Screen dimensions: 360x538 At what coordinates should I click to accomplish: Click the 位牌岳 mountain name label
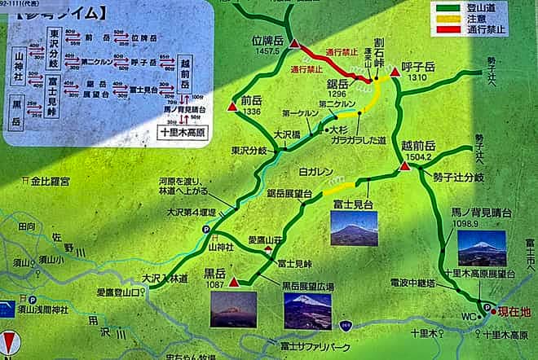click(x=268, y=39)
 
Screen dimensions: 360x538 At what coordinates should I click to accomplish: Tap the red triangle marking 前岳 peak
click(x=233, y=107)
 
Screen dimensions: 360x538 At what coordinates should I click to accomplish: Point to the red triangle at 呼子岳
click(x=395, y=73)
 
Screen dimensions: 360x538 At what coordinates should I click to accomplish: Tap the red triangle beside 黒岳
click(x=235, y=283)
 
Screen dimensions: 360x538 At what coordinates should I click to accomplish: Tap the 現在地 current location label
click(x=514, y=311)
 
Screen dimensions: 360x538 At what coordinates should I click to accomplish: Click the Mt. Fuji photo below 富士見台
click(x=354, y=228)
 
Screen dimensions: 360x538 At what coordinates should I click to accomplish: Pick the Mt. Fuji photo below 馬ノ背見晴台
click(x=481, y=248)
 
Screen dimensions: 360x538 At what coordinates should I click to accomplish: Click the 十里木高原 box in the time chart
click(x=185, y=129)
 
